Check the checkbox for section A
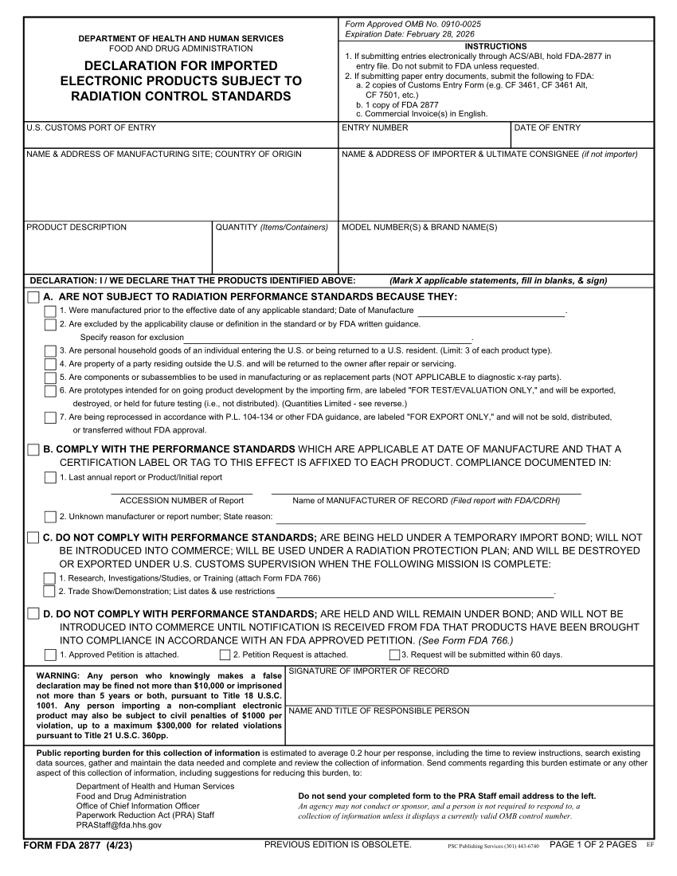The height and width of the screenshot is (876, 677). [33, 297]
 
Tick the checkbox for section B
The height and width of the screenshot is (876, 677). [33, 450]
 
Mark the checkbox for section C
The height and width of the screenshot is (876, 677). [33, 538]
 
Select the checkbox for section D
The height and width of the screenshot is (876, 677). [33, 614]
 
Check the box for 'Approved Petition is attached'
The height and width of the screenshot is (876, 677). [50, 655]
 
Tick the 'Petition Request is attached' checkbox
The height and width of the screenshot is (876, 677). [225, 655]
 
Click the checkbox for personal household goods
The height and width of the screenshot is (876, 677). [50, 350]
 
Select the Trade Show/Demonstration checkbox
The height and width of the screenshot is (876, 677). [50, 591]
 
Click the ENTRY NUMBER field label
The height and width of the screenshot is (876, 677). [374, 128]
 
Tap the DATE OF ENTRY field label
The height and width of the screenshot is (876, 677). [547, 128]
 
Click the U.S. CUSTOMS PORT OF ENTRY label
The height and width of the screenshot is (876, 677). [91, 128]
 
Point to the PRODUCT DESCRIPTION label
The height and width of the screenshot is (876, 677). [76, 228]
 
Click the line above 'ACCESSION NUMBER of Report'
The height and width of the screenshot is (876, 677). [182, 494]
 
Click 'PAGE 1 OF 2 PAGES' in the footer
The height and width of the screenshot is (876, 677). [593, 845]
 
